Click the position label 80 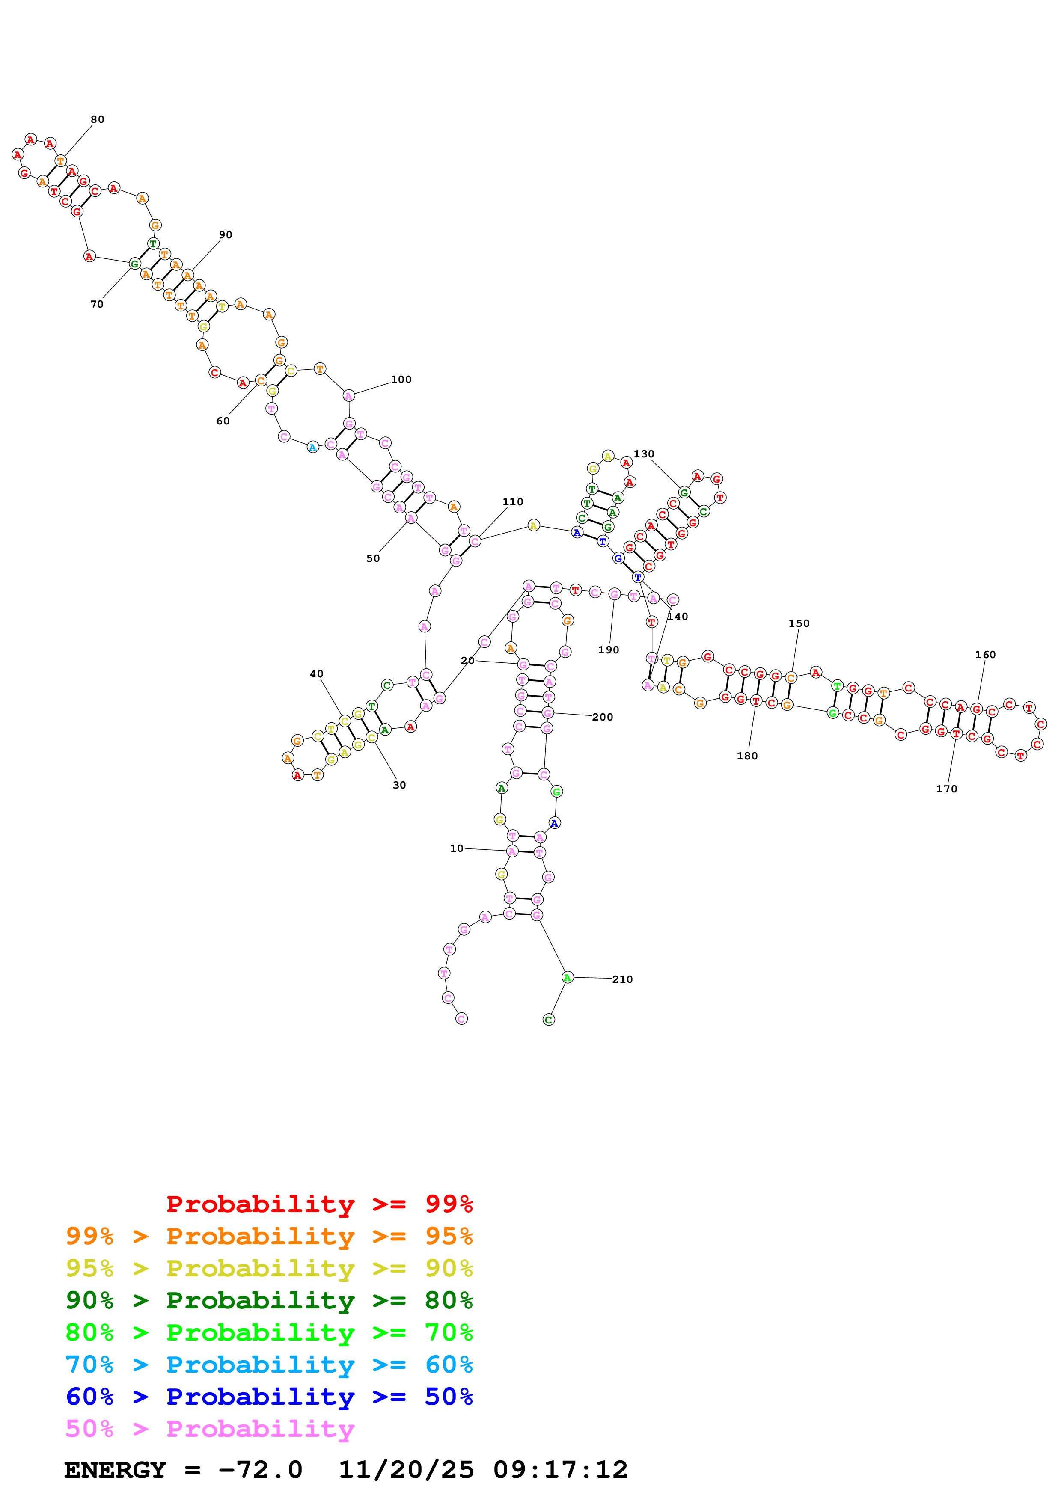[98, 120]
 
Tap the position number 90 [226, 235]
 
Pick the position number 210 [622, 979]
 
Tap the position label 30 [399, 785]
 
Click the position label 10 [456, 848]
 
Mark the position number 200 [603, 717]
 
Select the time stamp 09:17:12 [560, 1470]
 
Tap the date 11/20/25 [406, 1470]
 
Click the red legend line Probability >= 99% [319, 1204]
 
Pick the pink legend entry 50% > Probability [210, 1429]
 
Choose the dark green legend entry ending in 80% [269, 1300]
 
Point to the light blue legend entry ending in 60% [269, 1365]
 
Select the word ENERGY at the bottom [115, 1470]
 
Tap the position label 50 [373, 558]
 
